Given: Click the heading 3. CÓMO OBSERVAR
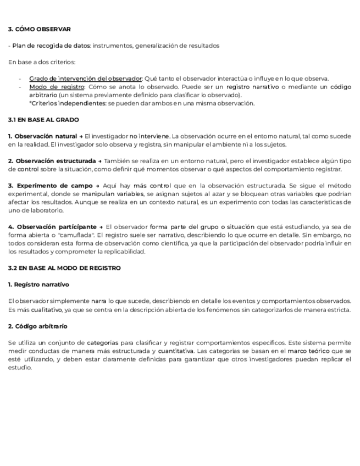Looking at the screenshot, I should click(40, 29).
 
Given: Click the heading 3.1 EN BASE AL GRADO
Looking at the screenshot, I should click(43, 119).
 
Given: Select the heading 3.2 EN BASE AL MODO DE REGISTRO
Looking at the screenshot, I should click(64, 268).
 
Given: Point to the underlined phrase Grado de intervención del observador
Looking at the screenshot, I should click(85, 79).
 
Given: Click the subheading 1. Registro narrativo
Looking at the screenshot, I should click(38, 284).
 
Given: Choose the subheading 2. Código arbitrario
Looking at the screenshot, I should click(38, 326).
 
